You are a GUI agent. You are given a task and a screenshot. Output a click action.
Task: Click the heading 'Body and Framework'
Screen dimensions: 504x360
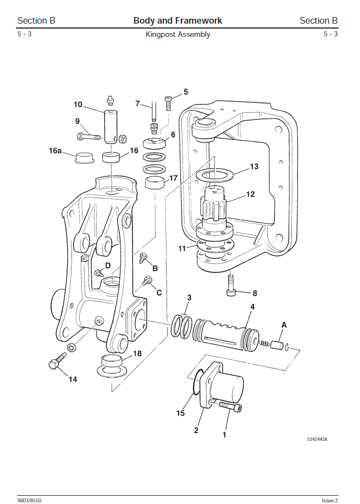tap(178, 21)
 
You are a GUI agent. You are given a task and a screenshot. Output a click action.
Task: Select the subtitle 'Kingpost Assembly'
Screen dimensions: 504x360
tap(178, 35)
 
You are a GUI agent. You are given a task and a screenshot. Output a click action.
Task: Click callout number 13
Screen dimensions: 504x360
tap(253, 167)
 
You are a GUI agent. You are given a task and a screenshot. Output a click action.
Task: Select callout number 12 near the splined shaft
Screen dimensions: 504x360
tap(250, 194)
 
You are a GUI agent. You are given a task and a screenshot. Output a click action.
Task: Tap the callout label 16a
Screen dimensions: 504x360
tap(55, 149)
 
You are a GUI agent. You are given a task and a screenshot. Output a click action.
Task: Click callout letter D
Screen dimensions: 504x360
tap(108, 265)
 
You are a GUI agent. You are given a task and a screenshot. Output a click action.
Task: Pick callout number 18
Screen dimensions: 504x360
tap(137, 353)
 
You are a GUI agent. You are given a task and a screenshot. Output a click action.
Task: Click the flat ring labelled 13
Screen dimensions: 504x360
tap(214, 175)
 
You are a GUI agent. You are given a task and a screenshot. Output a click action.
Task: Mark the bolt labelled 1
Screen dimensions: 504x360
tap(230, 407)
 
